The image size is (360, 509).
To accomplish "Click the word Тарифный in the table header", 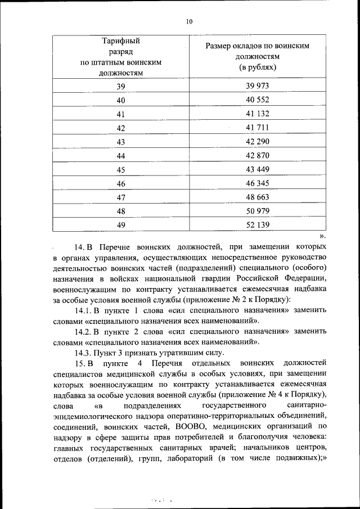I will click(120, 41).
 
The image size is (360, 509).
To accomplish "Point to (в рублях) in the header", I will click(258, 67).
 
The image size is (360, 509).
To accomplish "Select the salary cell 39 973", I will click(258, 86).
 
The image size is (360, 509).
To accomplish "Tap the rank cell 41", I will click(120, 114).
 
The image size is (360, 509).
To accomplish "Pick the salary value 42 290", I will click(258, 141).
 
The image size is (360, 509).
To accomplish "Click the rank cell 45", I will click(120, 169).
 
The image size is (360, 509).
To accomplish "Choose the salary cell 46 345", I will click(258, 183).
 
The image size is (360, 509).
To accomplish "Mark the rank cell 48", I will click(120, 211).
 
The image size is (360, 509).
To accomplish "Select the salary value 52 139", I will click(258, 225).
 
